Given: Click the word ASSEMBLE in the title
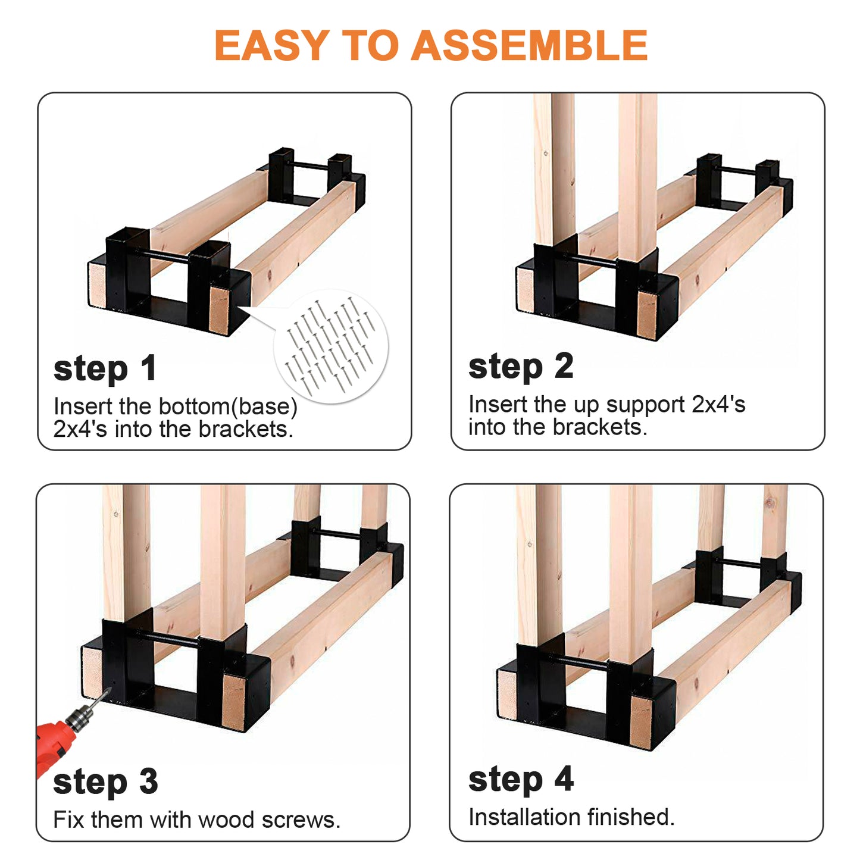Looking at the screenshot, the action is click(x=529, y=45).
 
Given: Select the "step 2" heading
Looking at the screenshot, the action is click(x=521, y=368).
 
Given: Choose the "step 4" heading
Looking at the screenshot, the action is click(x=521, y=781).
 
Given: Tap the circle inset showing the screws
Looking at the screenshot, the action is click(x=331, y=347).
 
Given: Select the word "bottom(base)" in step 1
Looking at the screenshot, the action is click(x=228, y=406).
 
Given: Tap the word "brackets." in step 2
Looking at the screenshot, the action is click(x=601, y=427).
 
